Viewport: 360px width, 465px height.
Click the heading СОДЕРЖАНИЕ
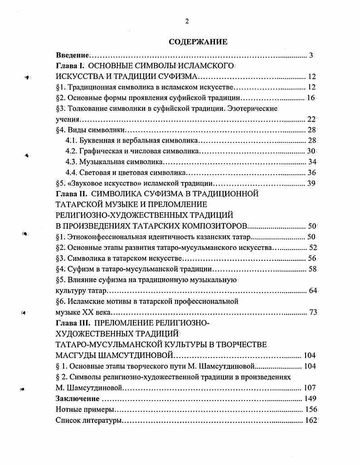tap(198, 42)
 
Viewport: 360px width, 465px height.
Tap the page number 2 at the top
tap(186, 21)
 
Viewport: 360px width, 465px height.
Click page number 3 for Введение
tap(311, 56)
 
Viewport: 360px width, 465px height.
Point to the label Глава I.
tap(68, 66)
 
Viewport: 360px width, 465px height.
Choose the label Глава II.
tap(69, 194)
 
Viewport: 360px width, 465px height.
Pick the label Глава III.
tap(72, 323)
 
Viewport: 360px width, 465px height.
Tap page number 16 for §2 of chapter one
tap(311, 98)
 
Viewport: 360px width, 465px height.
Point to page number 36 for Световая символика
tap(311, 172)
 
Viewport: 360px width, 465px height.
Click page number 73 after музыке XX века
tap(312, 313)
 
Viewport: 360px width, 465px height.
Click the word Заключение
tap(77, 399)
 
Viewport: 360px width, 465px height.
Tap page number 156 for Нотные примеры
tap(310, 410)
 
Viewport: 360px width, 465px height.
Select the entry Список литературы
tap(88, 421)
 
